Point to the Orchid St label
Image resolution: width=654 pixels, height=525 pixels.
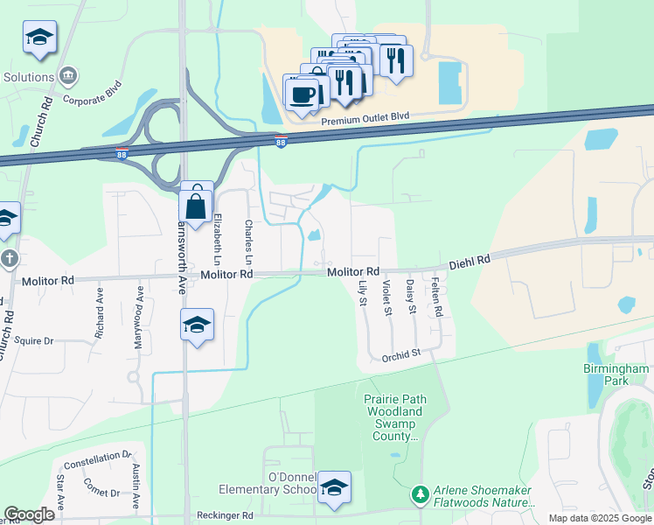(402, 355)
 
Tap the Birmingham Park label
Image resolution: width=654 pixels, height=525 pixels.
(616, 375)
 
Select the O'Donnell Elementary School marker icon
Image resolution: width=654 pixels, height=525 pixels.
(333, 488)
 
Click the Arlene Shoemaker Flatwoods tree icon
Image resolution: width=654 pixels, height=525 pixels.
(421, 495)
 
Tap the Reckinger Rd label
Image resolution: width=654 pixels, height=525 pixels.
(226, 515)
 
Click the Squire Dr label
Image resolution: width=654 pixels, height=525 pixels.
(34, 340)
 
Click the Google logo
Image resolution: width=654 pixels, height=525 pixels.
(30, 514)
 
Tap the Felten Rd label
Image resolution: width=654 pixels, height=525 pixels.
(436, 298)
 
